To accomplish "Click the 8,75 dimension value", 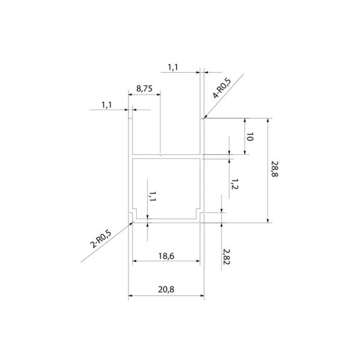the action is click(144, 88).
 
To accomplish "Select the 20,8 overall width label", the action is click(166, 290).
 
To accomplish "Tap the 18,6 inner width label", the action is click(166, 256).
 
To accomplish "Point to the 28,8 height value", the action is click(275, 169).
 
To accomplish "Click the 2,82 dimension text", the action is click(226, 257).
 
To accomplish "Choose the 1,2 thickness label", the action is click(235, 184).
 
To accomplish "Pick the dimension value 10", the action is click(250, 137).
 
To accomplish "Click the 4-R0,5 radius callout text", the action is click(221, 88).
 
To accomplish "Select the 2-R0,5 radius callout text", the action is click(101, 239).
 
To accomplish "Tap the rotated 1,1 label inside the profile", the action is click(152, 196).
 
